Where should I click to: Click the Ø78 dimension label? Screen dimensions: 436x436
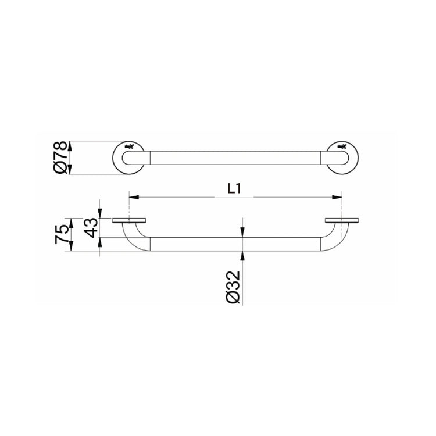click(61, 158)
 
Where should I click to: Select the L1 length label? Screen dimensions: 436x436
click(234, 189)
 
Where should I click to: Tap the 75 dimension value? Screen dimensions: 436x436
click(62, 235)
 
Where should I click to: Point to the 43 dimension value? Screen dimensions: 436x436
click(91, 228)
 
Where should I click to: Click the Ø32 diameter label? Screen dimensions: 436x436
click(233, 287)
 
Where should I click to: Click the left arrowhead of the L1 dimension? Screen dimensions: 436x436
click(134, 197)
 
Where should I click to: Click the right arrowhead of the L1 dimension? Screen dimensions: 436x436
click(337, 197)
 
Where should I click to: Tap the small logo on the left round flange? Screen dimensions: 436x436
click(130, 146)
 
